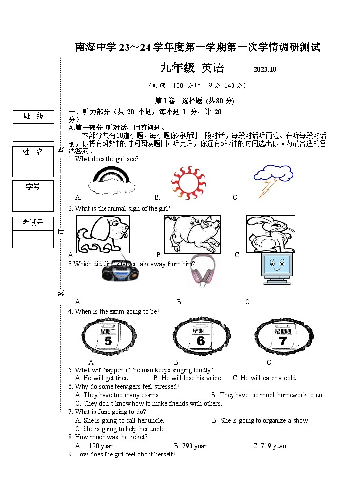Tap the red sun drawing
[x=188, y=182]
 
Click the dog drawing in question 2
[x=103, y=234]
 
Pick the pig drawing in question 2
[x=192, y=234]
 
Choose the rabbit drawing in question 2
[x=270, y=234]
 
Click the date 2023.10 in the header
[x=265, y=69]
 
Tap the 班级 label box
[x=33, y=116]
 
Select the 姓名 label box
[x=33, y=152]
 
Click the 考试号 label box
[x=33, y=223]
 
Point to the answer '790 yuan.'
[x=194, y=446]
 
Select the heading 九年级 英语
[x=191, y=68]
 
